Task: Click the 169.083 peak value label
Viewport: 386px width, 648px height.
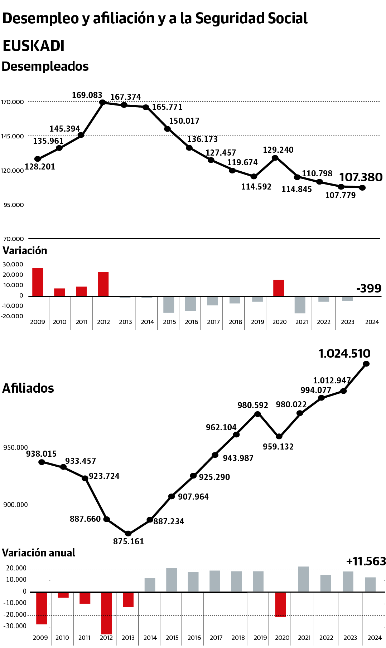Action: click(87, 95)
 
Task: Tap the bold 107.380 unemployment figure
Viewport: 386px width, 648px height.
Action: click(361, 177)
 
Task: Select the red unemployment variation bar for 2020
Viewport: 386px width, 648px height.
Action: click(279, 288)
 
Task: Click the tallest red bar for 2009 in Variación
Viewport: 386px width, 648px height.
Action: click(38, 282)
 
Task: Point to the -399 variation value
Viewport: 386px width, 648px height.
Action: click(369, 288)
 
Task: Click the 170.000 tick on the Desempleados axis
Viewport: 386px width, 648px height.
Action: click(13, 102)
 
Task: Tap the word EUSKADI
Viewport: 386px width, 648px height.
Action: click(33, 46)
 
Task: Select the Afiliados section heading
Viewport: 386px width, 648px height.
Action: click(28, 388)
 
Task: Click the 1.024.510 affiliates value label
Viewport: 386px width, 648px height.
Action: click(344, 353)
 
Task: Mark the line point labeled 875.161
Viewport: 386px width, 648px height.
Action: click(128, 533)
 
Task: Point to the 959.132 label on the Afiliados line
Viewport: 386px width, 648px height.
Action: click(278, 447)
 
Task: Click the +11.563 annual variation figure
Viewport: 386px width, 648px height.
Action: click(366, 561)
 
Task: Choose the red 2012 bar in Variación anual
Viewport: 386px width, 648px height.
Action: click(106, 613)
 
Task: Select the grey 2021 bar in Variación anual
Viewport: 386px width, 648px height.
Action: click(304, 579)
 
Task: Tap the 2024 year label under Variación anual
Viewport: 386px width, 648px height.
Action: click(375, 638)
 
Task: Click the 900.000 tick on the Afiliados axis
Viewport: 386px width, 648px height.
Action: click(15, 505)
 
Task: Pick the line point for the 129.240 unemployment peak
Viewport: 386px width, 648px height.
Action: click(275, 158)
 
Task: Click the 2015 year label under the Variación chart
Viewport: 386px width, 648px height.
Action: click(169, 322)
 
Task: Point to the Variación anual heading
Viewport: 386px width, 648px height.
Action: click(39, 553)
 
